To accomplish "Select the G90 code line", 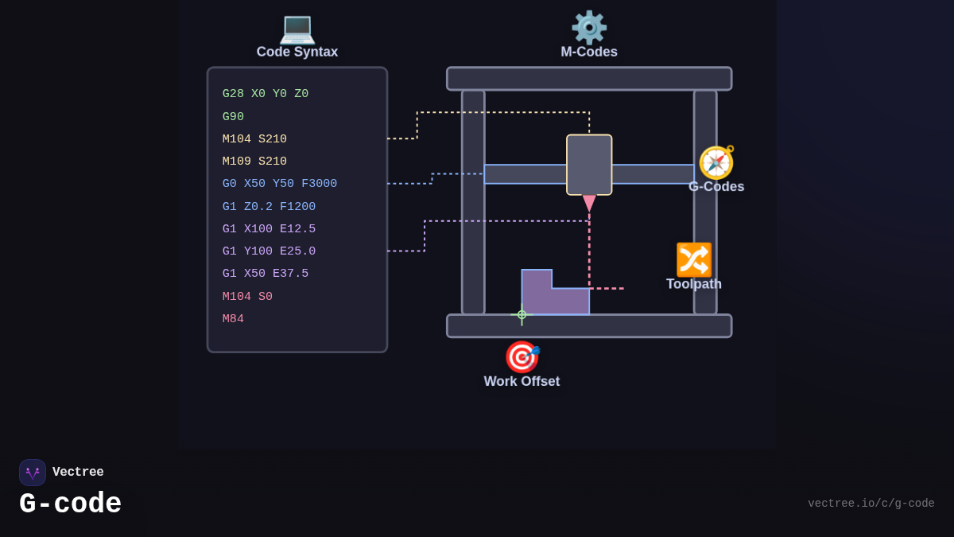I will [233, 117].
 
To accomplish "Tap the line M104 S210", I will [254, 139].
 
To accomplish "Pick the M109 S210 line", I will [254, 161].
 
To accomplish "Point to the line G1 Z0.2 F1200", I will [269, 207].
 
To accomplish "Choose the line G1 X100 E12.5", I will [269, 229].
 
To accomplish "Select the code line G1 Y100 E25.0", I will [269, 251].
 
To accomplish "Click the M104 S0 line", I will [247, 297].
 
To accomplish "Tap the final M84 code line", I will [233, 319].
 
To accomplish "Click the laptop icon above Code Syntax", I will [297, 29].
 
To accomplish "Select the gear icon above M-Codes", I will [589, 28].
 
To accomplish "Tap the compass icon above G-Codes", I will [716, 162].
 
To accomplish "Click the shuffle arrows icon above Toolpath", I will [694, 259].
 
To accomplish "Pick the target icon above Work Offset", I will [522, 357].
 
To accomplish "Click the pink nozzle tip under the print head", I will [589, 203].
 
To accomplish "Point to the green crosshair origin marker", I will [522, 314].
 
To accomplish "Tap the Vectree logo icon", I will [33, 473].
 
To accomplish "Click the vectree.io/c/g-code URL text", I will [871, 504].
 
